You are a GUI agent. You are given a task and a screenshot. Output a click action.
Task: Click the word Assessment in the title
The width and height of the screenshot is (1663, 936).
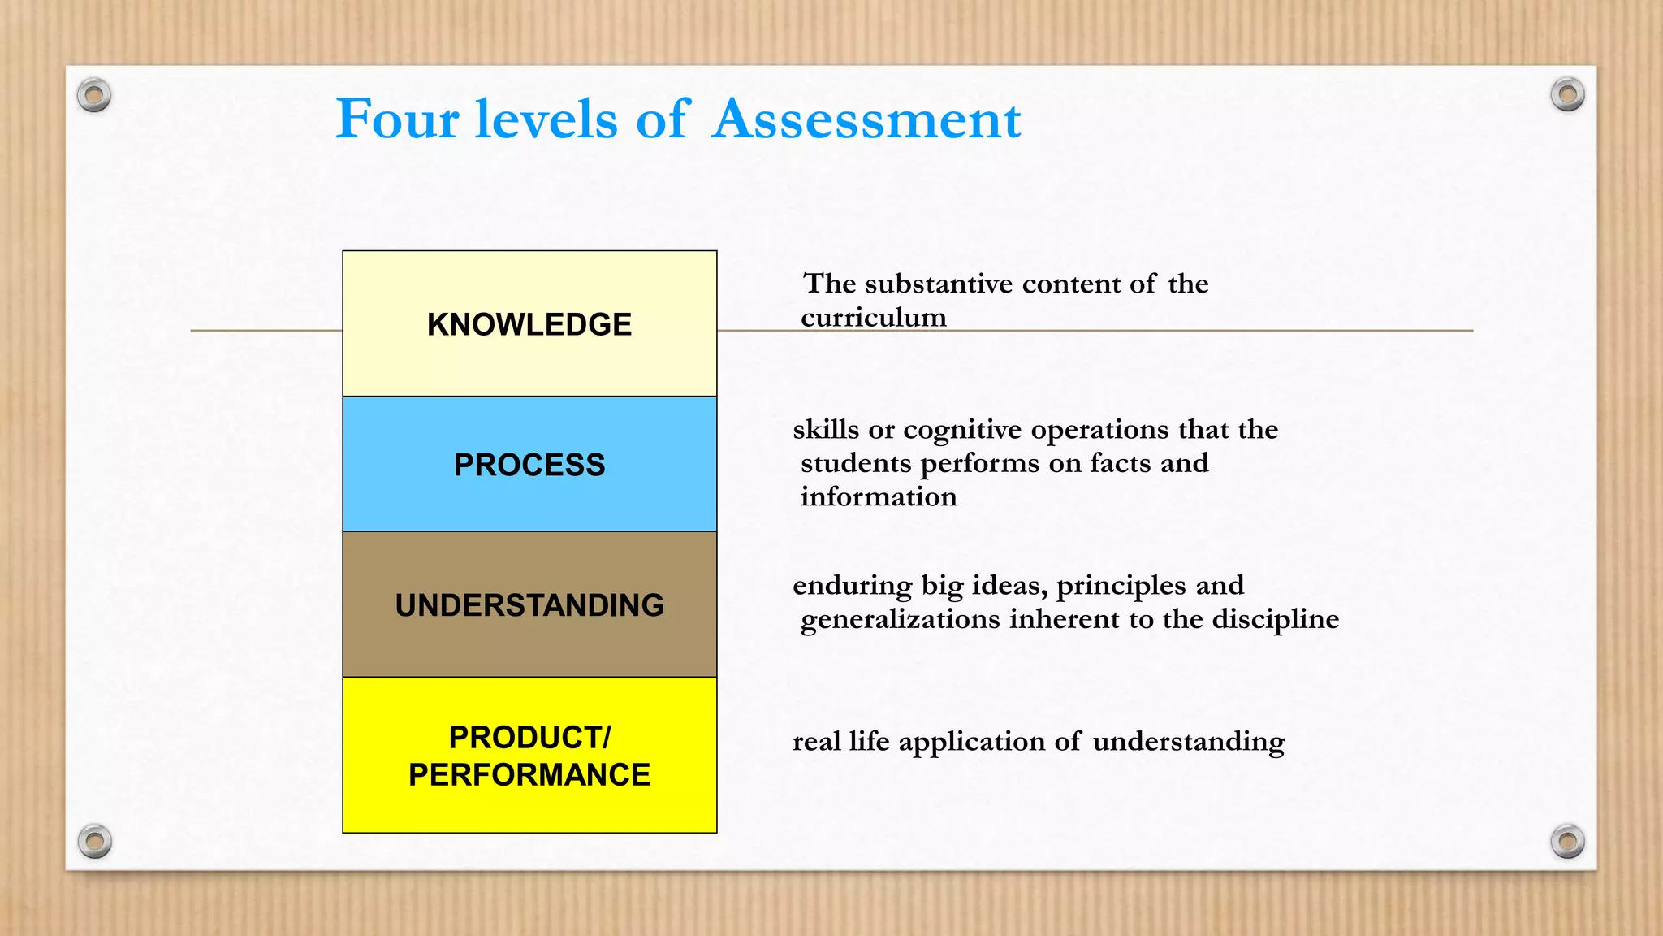pyautogui.click(x=866, y=119)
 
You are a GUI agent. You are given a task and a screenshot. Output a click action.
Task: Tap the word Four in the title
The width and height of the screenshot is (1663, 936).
pyautogui.click(x=397, y=119)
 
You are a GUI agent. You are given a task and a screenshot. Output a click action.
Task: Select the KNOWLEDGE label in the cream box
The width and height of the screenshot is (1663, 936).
pyautogui.click(x=529, y=324)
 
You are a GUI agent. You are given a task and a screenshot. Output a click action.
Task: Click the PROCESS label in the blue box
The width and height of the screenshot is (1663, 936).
pyautogui.click(x=529, y=465)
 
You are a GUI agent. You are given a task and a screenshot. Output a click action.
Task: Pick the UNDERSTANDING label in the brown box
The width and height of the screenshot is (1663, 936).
pyautogui.click(x=529, y=605)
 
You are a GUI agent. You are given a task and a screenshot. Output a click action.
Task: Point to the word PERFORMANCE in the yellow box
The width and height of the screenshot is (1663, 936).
pyautogui.click(x=529, y=775)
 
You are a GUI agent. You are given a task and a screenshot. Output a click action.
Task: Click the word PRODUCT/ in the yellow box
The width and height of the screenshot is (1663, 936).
pyautogui.click(x=529, y=738)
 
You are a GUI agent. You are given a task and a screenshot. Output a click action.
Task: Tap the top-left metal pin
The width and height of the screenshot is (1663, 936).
pyautogui.click(x=94, y=96)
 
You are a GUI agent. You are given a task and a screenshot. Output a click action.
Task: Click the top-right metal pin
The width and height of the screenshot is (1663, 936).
pyautogui.click(x=1567, y=95)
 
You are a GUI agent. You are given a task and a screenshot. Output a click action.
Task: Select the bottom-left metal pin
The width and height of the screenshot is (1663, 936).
pyautogui.click(x=95, y=840)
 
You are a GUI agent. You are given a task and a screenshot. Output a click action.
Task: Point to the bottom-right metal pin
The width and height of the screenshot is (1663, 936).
pyautogui.click(x=1567, y=841)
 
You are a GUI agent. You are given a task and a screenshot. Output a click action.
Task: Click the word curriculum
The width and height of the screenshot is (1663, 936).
pyautogui.click(x=874, y=317)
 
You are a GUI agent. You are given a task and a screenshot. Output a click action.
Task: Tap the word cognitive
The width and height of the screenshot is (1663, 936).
pyautogui.click(x=962, y=430)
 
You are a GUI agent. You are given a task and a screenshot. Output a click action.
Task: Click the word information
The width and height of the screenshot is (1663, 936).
pyautogui.click(x=879, y=496)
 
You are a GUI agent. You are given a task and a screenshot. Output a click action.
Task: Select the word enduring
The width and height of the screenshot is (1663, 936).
pyautogui.click(x=853, y=586)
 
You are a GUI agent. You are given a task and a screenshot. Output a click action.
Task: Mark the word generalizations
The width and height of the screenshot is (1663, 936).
pyautogui.click(x=901, y=620)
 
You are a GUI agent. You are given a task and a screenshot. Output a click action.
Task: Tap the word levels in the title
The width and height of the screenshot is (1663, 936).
pyautogui.click(x=546, y=119)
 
